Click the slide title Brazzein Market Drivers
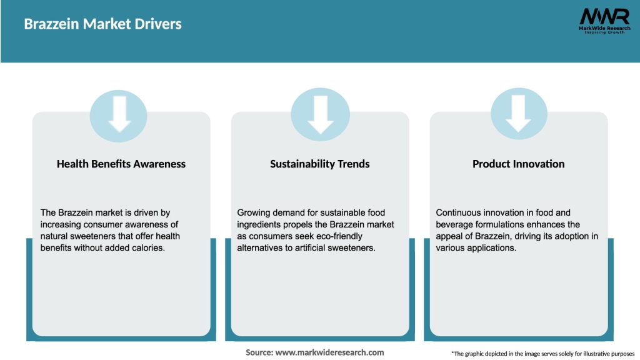click(x=103, y=24)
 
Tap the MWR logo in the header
click(x=604, y=21)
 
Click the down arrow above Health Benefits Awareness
click(x=119, y=114)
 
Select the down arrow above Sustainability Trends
click(x=321, y=115)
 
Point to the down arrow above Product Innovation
click(x=518, y=114)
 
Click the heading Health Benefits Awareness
click(x=121, y=164)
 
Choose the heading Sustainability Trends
click(x=320, y=164)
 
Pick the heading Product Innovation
click(x=519, y=164)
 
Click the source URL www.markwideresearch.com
click(x=330, y=352)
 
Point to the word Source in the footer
click(x=259, y=352)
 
